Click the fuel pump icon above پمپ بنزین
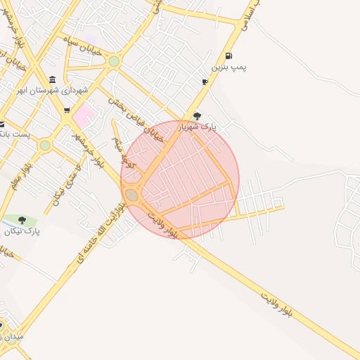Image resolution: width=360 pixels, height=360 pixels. [x=229, y=56]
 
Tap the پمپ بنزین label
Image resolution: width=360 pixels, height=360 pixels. [x=229, y=68]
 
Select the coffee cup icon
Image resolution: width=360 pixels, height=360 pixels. [x=205, y=82]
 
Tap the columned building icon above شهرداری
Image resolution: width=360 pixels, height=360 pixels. [x=53, y=79]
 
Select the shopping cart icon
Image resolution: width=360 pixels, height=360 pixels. [x=67, y=110]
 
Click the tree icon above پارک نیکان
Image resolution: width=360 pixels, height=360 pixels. [x=22, y=219]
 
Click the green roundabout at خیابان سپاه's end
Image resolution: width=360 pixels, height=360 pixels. [x=114, y=61]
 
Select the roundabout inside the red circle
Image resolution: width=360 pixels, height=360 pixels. [x=131, y=195]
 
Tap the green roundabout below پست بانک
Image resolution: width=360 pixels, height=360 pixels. [x=45, y=145]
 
